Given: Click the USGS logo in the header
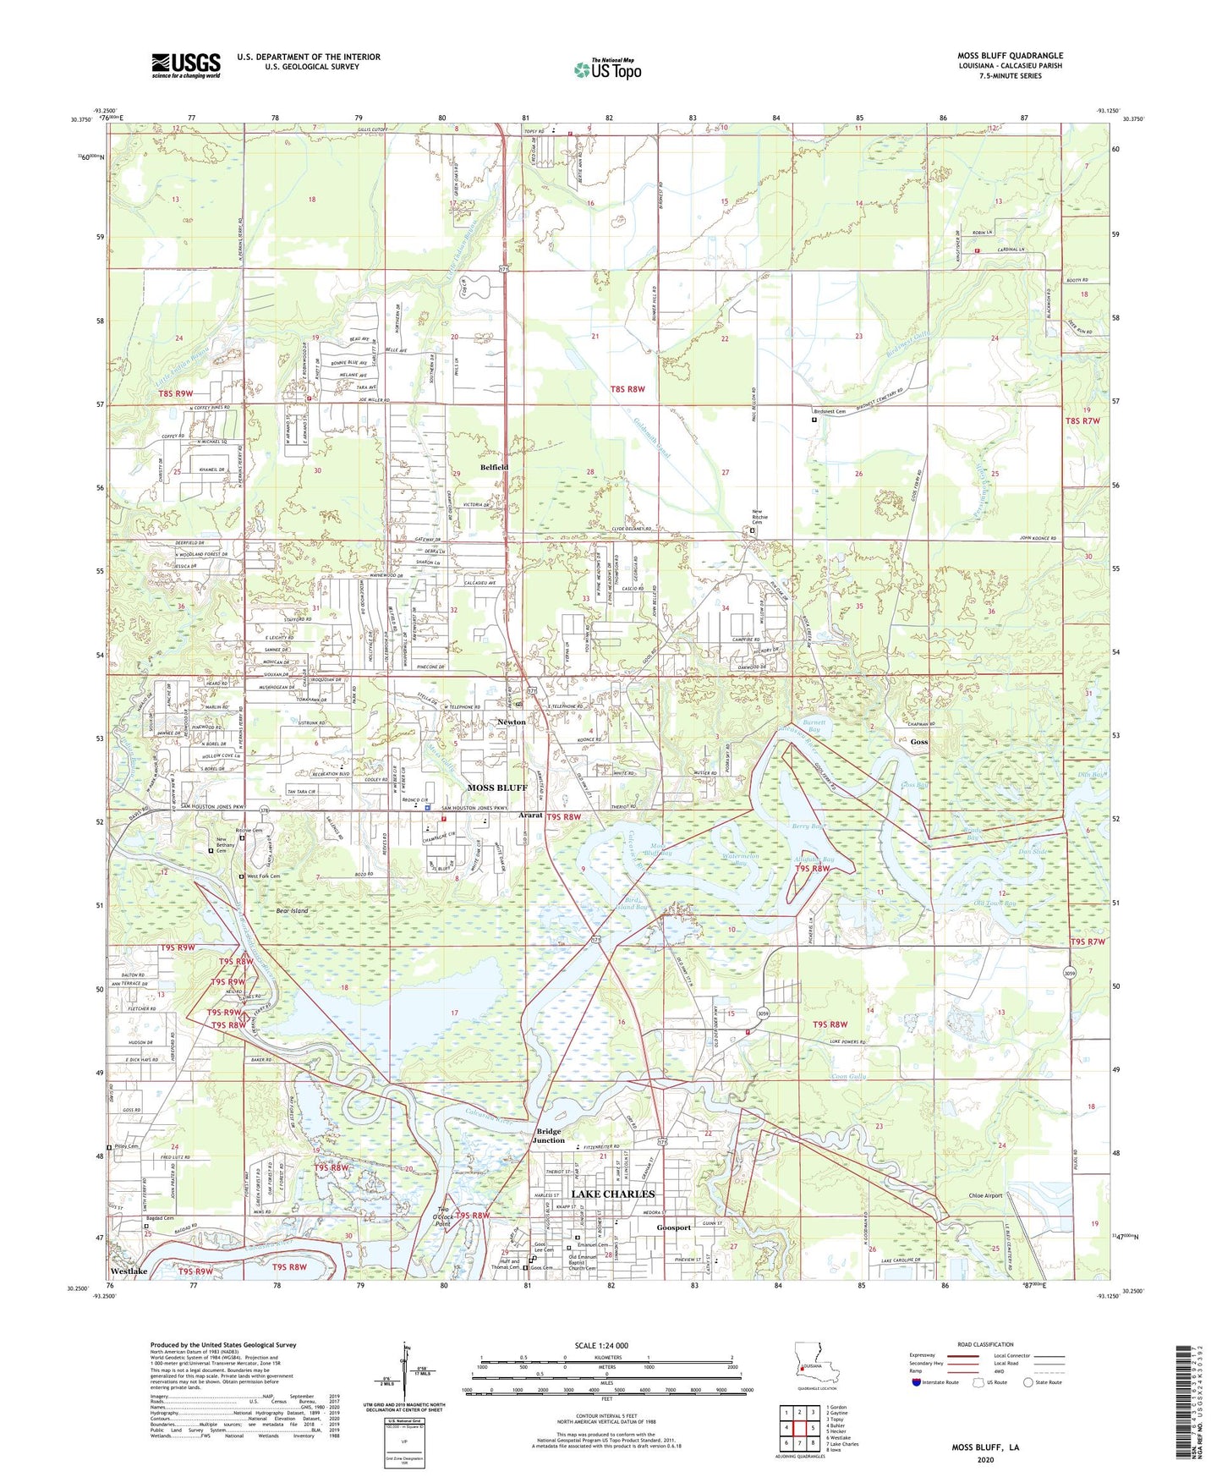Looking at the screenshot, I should click(x=186, y=65).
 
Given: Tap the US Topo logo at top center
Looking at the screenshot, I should click(x=607, y=69).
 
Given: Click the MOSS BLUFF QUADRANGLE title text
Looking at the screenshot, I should click(x=1010, y=55).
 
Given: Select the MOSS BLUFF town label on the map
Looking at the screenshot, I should click(x=497, y=788).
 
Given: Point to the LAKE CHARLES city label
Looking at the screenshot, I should click(x=613, y=1194).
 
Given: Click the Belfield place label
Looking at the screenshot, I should click(x=495, y=467).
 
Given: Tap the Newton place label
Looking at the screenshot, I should click(x=511, y=722).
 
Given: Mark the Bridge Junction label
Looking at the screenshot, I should click(x=548, y=1135).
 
